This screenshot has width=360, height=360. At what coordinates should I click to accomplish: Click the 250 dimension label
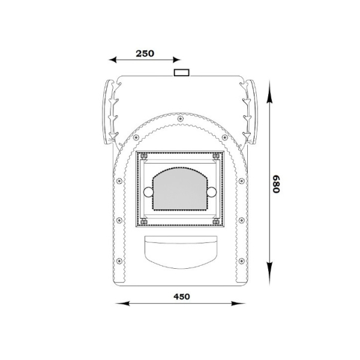pos(145,53)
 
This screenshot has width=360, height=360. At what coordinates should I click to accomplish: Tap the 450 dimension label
pos(182,296)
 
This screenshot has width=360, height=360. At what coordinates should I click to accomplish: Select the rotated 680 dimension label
pos(276,184)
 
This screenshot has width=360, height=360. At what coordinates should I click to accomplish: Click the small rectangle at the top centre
pos(182,73)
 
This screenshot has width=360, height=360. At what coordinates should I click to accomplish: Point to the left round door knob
pos(148,192)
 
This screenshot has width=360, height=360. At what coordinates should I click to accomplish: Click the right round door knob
pos(211,192)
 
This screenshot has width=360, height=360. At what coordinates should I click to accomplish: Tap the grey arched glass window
pos(180,189)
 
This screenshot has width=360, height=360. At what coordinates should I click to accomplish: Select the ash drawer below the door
pos(181,252)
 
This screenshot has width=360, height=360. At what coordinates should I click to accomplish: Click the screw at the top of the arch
pos(181,119)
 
